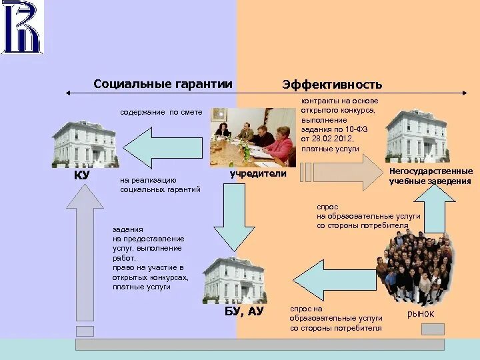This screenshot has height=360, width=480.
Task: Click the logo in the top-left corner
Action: tap(21, 28)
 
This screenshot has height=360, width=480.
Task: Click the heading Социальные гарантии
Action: tap(163, 84)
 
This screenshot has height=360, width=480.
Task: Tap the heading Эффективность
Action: tap(332, 85)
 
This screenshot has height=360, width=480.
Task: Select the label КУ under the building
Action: tap(81, 175)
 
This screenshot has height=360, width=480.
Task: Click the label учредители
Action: tap(258, 174)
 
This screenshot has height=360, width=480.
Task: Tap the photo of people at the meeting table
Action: tap(253, 137)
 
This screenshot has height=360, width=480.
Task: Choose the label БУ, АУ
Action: tap(243, 311)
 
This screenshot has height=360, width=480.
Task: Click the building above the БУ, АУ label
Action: tap(233, 279)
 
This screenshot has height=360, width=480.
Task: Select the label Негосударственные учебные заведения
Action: tap(431, 176)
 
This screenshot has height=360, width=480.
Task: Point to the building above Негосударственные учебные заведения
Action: tap(417, 135)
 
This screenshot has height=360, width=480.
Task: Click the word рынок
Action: tap(420, 313)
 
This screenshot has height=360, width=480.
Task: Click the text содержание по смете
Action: tap(161, 112)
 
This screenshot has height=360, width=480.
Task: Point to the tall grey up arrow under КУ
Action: tap(85, 253)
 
